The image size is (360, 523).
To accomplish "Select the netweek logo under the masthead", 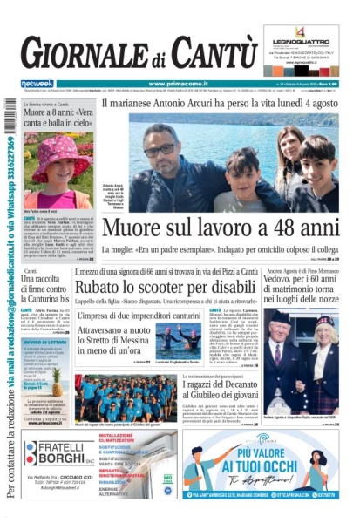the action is pos(37,84).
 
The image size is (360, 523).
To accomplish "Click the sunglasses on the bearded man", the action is pos(160,150).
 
